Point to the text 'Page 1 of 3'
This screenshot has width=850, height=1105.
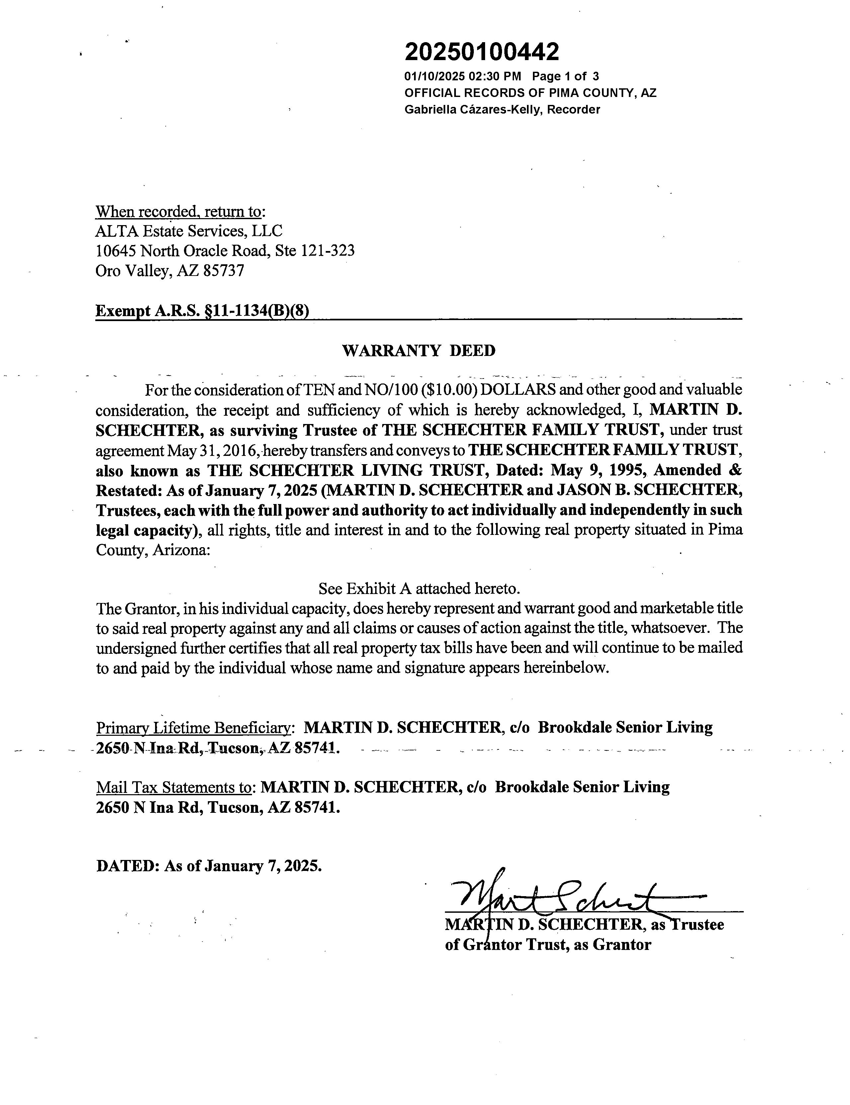(x=565, y=76)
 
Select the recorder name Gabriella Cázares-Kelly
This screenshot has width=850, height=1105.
(x=472, y=109)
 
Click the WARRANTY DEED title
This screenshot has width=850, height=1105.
(x=419, y=351)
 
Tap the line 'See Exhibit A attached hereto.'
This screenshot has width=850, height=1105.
(x=419, y=588)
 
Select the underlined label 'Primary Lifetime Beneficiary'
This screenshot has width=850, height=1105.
(x=194, y=727)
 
